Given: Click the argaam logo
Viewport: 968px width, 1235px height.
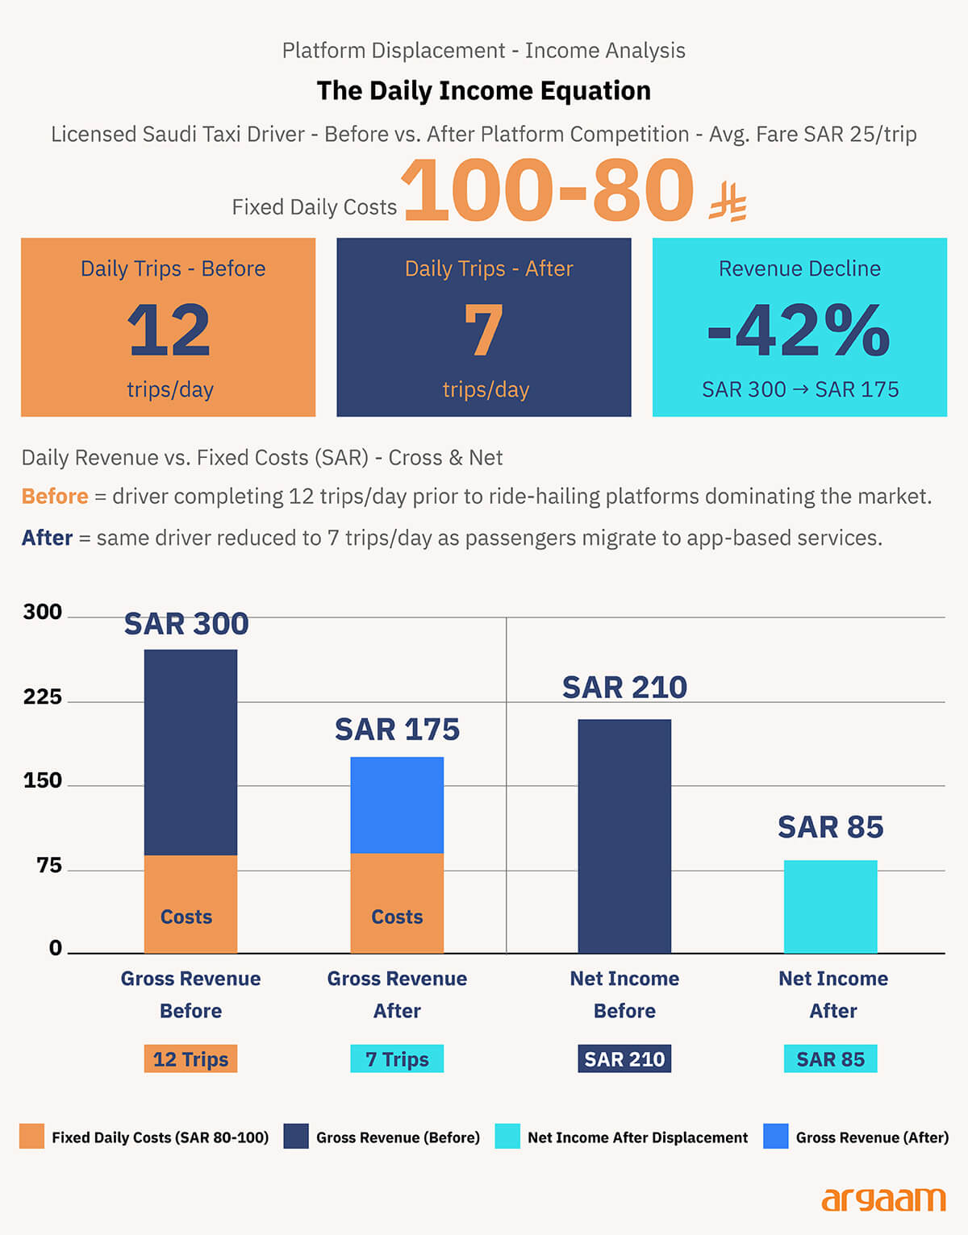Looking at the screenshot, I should point(882,1200).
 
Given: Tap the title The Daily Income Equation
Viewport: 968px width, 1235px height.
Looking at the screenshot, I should point(483,91).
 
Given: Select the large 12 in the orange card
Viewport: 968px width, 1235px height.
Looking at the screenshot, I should point(169,331).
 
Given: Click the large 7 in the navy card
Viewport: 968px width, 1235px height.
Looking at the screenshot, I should point(483,331).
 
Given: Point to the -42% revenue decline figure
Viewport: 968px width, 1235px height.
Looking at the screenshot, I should point(799,331).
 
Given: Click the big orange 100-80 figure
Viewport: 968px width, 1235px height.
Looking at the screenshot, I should point(548,190).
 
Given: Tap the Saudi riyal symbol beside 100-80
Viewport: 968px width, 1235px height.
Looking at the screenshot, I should point(728,202).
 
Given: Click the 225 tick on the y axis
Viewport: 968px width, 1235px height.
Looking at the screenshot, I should point(42,697).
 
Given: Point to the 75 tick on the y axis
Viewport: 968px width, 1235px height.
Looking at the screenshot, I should point(48,865).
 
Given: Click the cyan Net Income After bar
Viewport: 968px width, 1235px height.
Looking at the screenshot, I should point(830,907).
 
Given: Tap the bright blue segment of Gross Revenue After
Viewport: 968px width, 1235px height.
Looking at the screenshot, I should point(397,805).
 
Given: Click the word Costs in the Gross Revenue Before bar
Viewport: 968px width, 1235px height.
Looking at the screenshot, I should point(186,917).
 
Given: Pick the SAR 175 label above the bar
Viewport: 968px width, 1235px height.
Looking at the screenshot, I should point(397,730).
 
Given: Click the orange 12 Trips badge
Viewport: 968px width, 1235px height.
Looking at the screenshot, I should point(190,1058).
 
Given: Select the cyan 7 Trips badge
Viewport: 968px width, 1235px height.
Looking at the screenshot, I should point(397,1058).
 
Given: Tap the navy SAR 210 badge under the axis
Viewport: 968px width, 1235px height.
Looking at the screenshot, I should point(624,1058).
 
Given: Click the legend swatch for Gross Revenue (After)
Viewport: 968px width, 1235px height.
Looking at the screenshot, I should point(775,1137).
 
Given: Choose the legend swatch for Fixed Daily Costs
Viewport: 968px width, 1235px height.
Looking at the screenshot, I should point(31,1137).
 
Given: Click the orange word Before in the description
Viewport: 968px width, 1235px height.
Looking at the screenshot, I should point(55,496).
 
